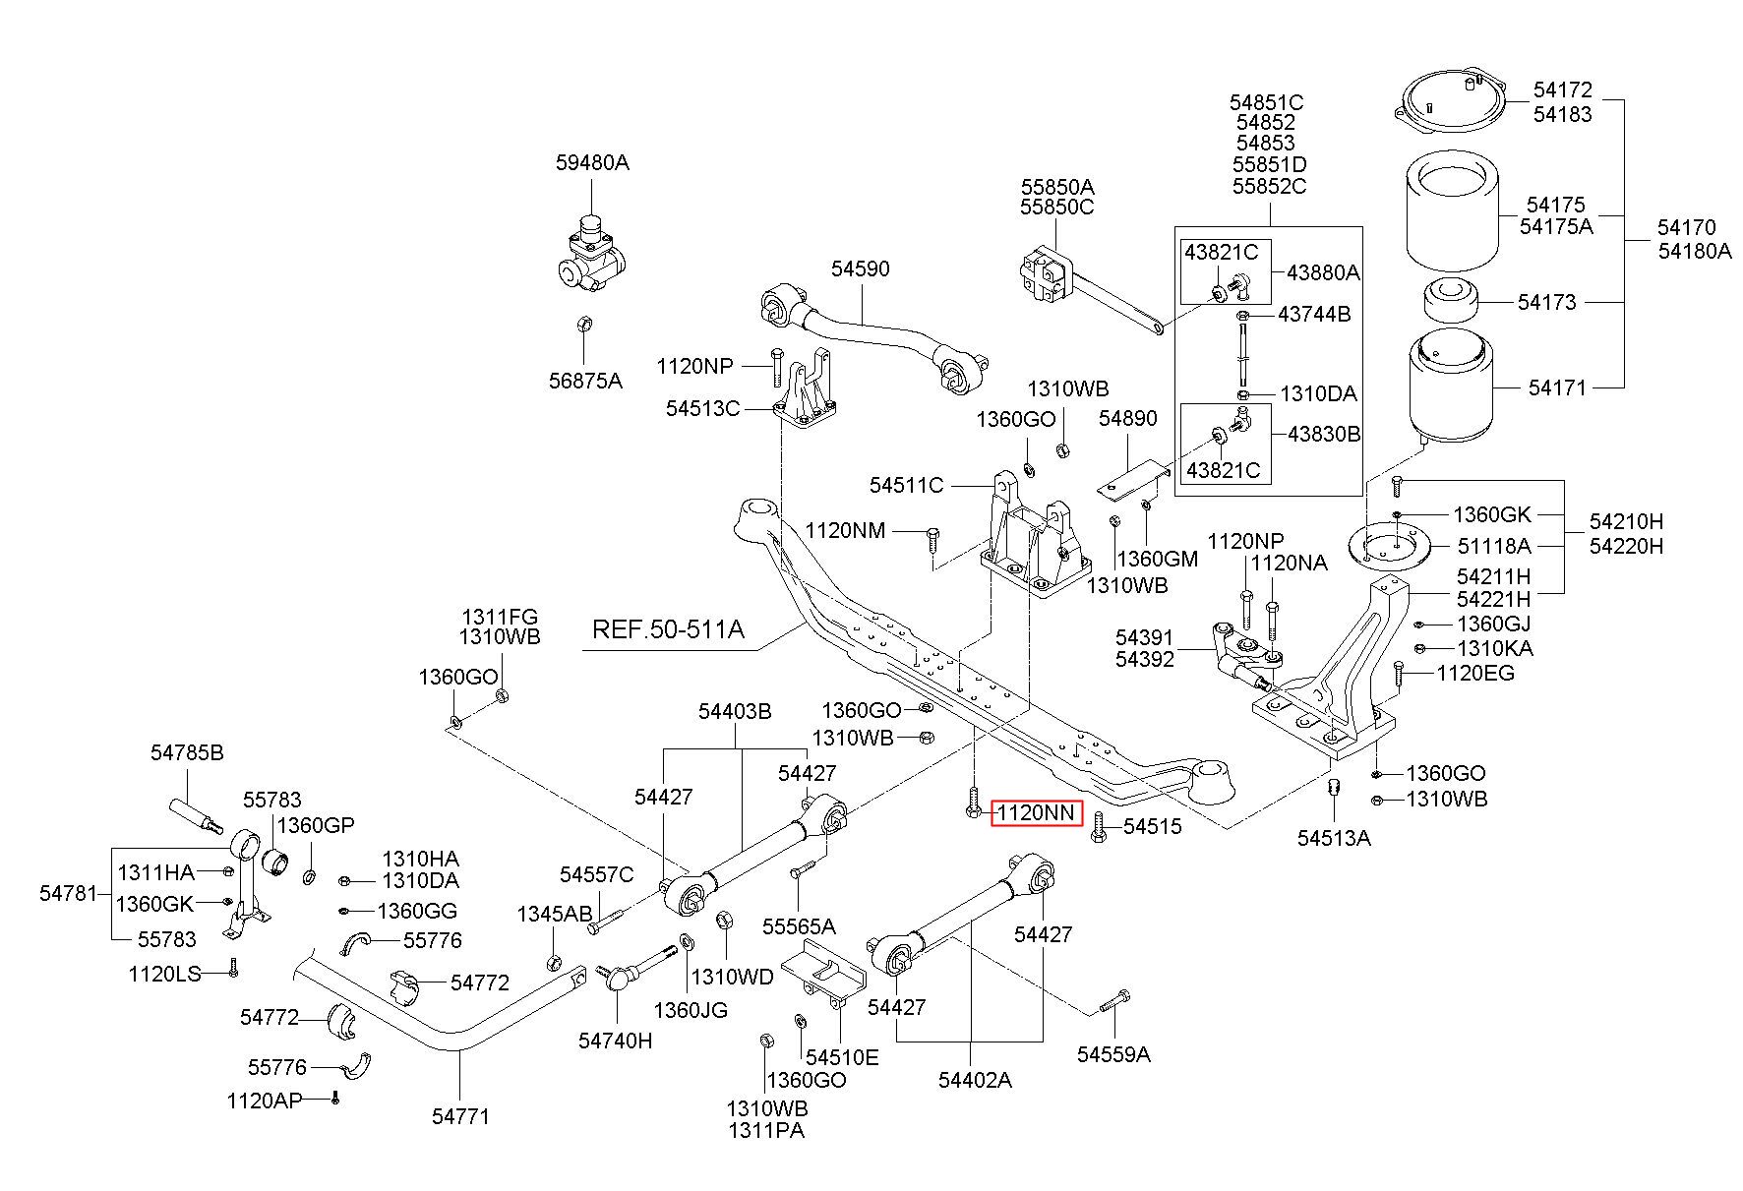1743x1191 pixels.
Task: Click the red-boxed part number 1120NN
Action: coord(1036,813)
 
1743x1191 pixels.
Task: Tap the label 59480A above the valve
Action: coord(592,163)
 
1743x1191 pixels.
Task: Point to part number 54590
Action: coord(860,268)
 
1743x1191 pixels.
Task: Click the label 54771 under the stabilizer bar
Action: coord(460,1116)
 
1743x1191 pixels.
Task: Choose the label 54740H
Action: coord(615,1041)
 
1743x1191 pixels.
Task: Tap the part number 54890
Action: coord(1128,419)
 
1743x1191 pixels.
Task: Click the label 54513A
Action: coord(1334,838)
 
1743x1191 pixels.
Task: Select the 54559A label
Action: coord(1113,1055)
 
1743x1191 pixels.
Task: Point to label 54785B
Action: coord(187,753)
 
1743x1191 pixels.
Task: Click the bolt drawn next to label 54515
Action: coord(1100,829)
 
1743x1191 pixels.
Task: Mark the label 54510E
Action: coord(842,1057)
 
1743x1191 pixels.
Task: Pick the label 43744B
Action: coord(1314,315)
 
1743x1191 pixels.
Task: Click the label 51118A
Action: coord(1494,546)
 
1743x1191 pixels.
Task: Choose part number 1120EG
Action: coord(1475,674)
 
